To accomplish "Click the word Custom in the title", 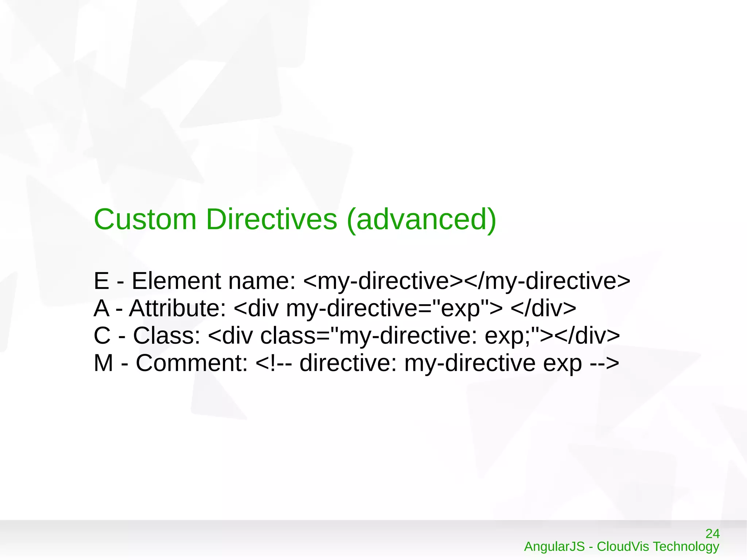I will [145, 220].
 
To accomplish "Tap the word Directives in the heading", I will [271, 220].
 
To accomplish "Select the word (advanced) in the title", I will [421, 220].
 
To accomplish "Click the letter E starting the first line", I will [101, 281].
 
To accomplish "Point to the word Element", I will [176, 281].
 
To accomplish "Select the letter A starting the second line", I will [101, 308].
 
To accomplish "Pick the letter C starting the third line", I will [102, 336].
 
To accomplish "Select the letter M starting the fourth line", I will [103, 363].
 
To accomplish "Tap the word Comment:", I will [192, 363].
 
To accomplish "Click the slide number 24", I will [712, 534].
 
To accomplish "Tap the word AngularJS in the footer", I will [554, 547].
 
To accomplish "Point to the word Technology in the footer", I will [686, 547].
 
